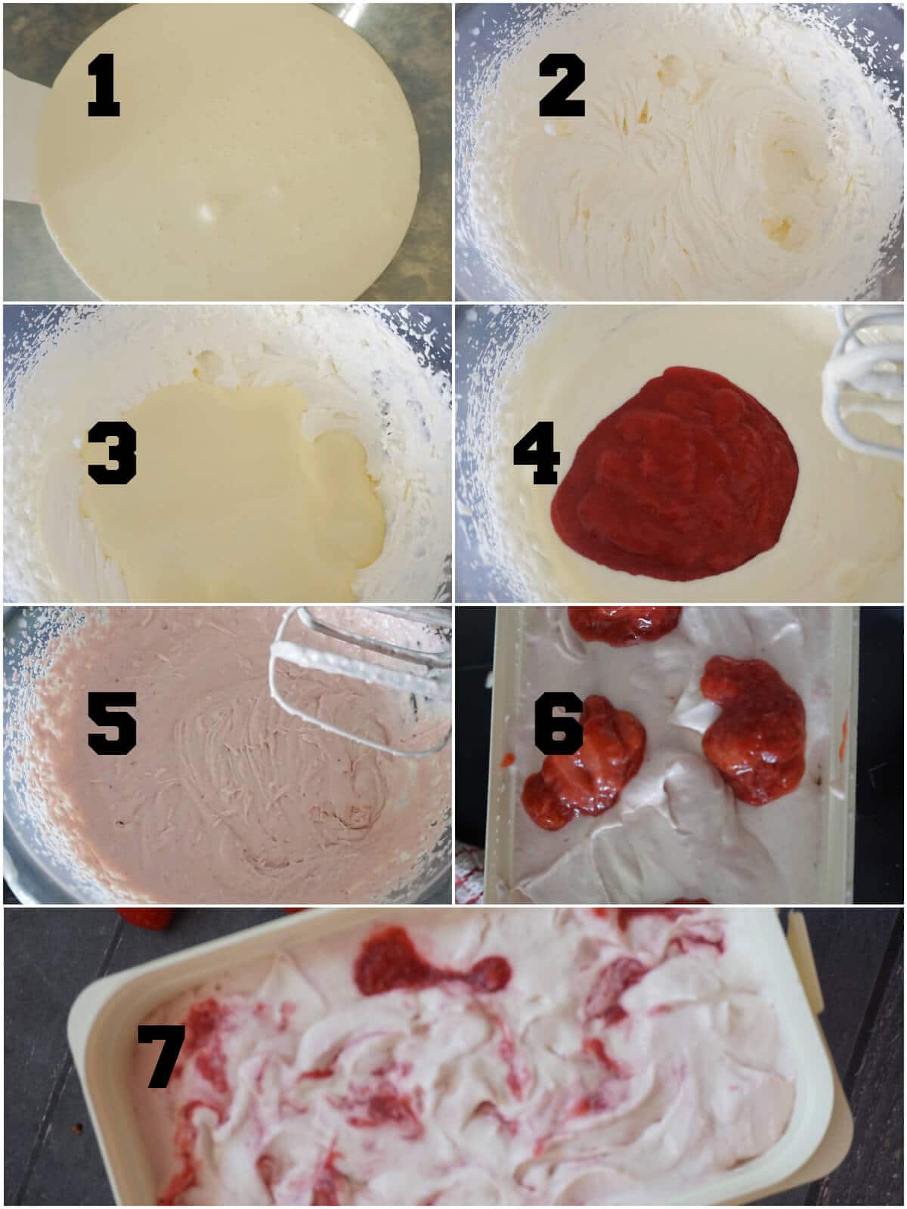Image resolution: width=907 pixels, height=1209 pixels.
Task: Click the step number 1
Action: (x=104, y=85)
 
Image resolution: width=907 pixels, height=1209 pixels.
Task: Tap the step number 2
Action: (x=562, y=85)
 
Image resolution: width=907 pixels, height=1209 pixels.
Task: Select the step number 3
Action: (x=112, y=453)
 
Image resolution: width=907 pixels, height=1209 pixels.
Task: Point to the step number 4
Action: (x=537, y=453)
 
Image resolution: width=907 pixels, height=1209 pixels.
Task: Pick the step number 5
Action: (x=112, y=723)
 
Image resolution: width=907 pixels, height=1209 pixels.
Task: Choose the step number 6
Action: (x=559, y=723)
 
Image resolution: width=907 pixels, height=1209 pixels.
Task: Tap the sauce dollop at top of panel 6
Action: (x=624, y=625)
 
